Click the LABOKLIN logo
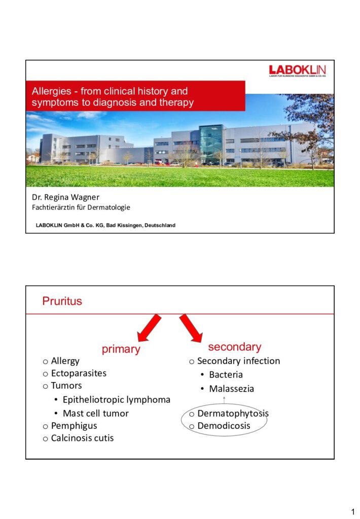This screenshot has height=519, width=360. (298, 71)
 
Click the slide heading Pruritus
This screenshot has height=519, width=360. (62, 302)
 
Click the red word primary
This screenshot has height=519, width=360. (121, 349)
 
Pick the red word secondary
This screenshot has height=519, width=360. (235, 347)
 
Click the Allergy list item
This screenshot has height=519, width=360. (65, 361)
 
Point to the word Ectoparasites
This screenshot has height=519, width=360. (79, 373)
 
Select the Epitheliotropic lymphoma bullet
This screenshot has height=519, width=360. (116, 400)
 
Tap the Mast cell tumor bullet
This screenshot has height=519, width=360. (95, 413)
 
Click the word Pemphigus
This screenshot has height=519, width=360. (74, 426)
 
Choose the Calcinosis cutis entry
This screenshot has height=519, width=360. (82, 438)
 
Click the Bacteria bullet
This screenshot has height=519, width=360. (226, 375)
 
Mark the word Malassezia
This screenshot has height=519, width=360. (231, 389)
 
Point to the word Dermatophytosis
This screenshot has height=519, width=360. (233, 413)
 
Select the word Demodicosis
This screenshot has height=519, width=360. (224, 426)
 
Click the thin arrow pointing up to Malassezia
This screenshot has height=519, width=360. (224, 401)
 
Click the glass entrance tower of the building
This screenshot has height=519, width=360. (211, 144)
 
